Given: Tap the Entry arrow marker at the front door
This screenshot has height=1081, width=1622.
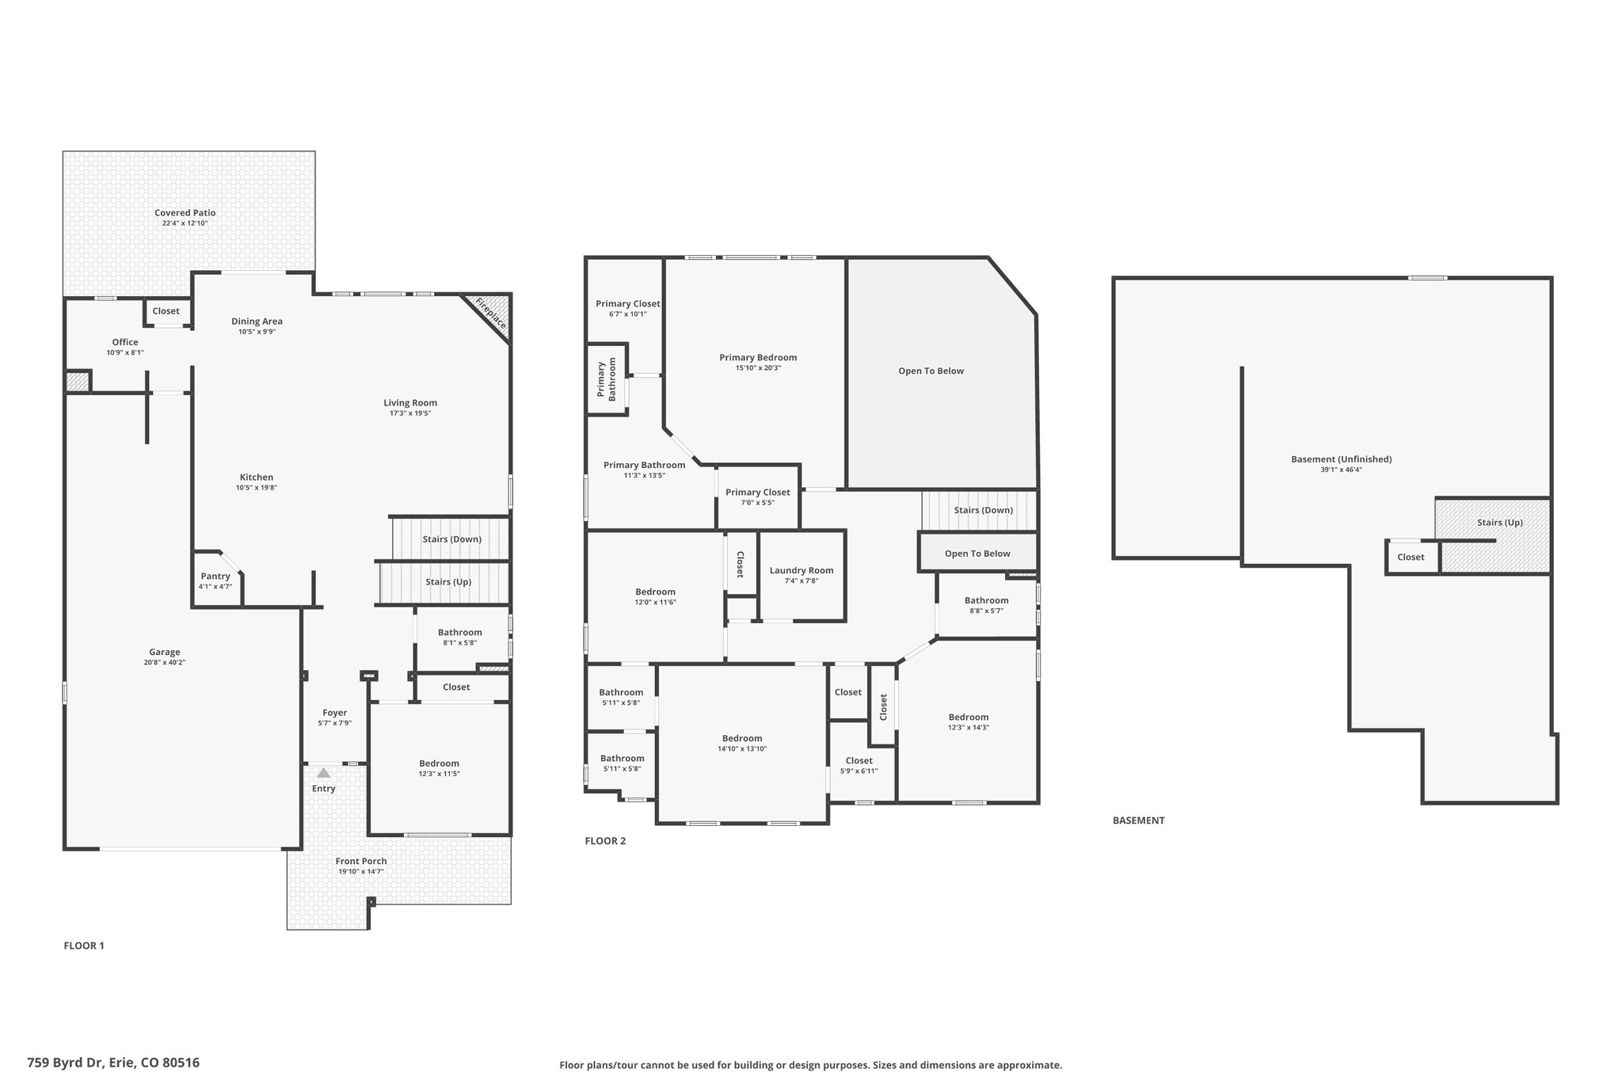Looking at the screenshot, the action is click(x=324, y=772).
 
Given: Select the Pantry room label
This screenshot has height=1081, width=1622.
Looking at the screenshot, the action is click(x=215, y=577).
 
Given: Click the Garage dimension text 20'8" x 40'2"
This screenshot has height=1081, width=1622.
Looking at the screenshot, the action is click(x=165, y=663).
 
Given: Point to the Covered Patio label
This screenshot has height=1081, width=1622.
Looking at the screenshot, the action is click(x=185, y=213).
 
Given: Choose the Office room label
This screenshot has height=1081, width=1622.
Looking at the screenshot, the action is click(x=125, y=342).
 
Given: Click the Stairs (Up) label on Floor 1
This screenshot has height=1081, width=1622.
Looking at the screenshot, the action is click(x=448, y=581).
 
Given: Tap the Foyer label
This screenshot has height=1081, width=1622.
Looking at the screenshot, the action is click(x=335, y=713).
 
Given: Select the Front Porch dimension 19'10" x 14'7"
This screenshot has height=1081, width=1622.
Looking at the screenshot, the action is click(x=361, y=872).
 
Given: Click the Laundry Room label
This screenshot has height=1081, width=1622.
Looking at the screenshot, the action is click(x=801, y=570).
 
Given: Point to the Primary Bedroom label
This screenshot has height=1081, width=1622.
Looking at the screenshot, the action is click(x=758, y=357).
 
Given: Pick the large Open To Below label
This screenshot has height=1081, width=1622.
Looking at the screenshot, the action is click(x=931, y=371).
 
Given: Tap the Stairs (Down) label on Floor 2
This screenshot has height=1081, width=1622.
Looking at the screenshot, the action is click(x=984, y=510).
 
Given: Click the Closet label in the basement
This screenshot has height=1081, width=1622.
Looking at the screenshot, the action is click(x=1411, y=558).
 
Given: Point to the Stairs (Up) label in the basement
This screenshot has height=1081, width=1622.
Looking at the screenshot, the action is click(x=1500, y=523).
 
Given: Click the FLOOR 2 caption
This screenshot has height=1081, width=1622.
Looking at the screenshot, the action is click(x=605, y=841).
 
